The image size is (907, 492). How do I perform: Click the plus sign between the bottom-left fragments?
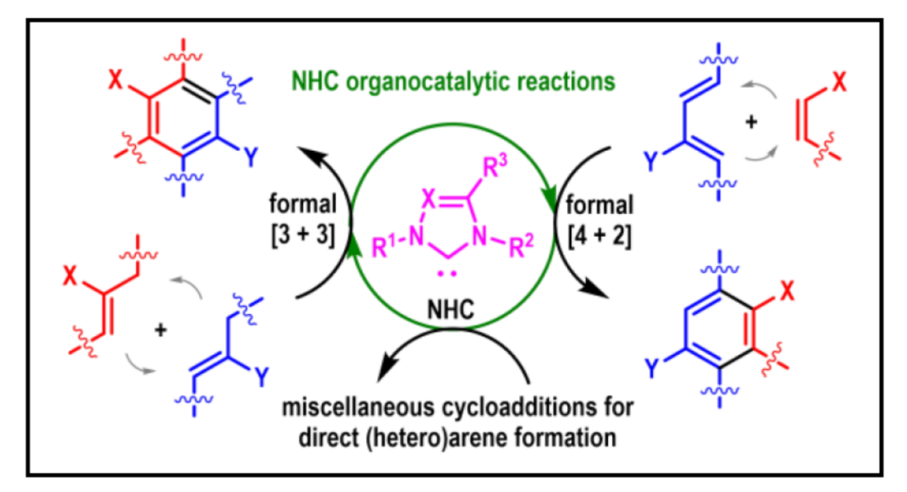point(159,330)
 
